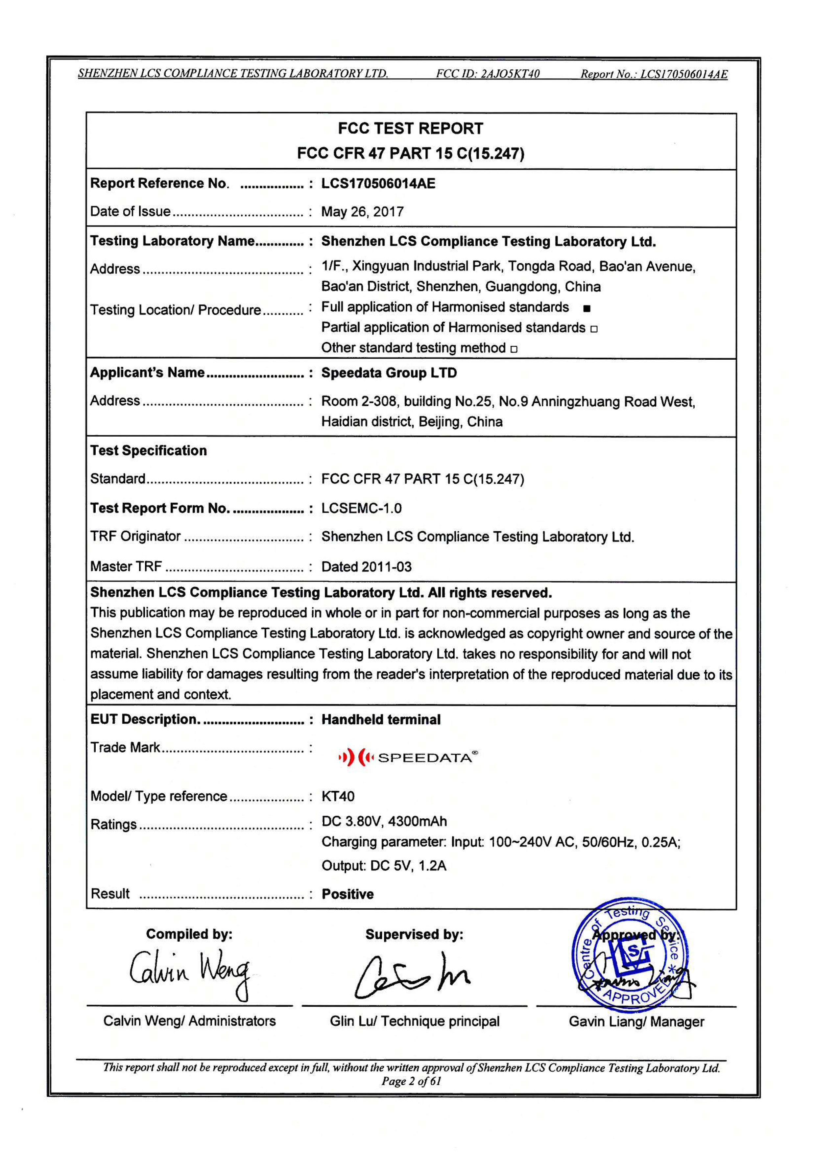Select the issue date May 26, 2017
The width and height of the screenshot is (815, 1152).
tap(362, 212)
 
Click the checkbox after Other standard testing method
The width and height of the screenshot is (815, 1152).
tap(514, 349)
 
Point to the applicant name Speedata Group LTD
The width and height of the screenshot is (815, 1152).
tap(389, 373)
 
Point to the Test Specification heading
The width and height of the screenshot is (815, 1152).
tap(149, 450)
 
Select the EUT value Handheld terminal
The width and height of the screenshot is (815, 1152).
tap(381, 719)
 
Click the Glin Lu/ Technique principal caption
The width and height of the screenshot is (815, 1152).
tap(415, 1021)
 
